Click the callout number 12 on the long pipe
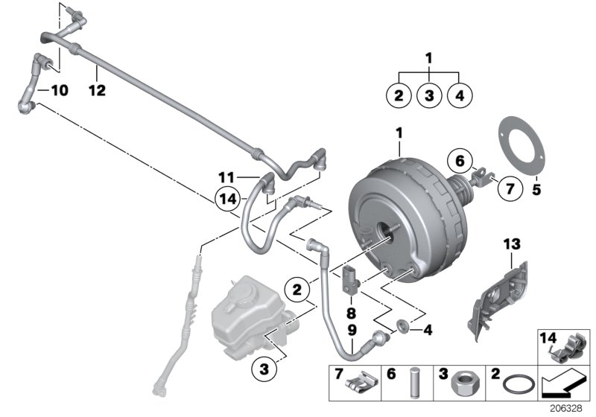97,91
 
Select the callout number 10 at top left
58,91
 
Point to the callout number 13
512,243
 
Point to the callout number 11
226,177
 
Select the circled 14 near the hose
228,199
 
